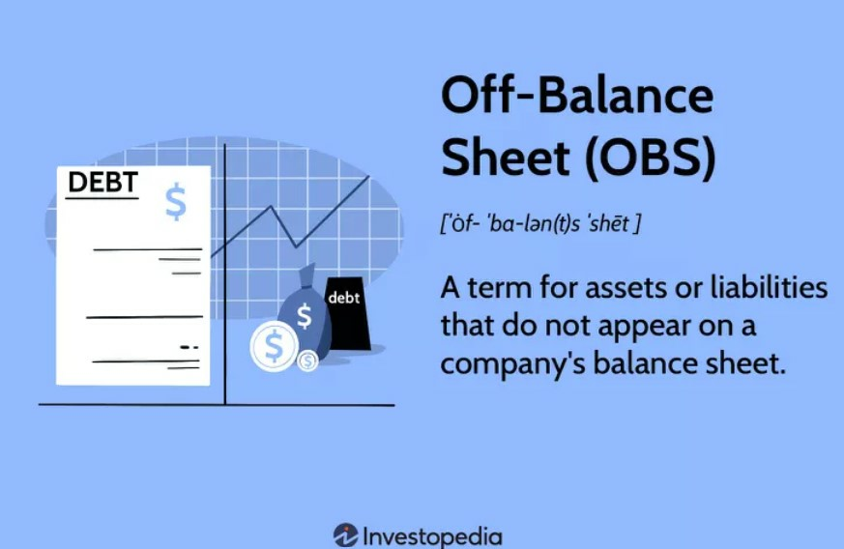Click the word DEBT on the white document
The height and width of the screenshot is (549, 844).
tap(102, 182)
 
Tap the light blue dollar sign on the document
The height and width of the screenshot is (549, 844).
tap(176, 202)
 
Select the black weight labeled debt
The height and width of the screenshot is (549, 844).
tap(347, 314)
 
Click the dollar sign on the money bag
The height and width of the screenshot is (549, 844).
tap(305, 316)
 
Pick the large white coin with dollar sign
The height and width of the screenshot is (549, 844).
tap(274, 346)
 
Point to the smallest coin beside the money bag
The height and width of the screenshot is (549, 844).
tap(307, 361)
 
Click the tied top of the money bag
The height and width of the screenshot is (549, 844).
tap(306, 275)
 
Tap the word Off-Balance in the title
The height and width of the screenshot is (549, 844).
tap(577, 96)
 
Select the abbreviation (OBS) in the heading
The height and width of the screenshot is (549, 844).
tap(651, 158)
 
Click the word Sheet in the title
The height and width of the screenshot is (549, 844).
tap(505, 157)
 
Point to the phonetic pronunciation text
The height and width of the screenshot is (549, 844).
tap(540, 223)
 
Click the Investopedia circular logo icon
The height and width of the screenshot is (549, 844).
tap(345, 535)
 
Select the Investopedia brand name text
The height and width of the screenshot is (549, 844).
tap(433, 536)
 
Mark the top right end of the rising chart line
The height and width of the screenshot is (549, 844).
tap(369, 176)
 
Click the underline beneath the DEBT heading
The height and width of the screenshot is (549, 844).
tap(102, 198)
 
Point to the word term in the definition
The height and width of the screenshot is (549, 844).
tap(500, 288)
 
